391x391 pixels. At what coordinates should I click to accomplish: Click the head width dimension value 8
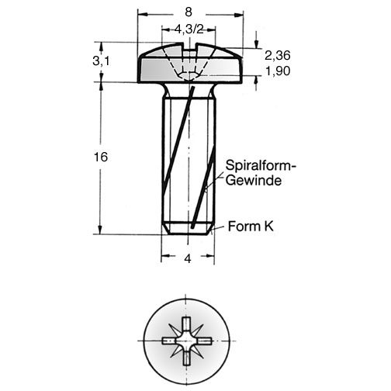tap(189, 12)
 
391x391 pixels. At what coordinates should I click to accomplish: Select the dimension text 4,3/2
tap(189, 29)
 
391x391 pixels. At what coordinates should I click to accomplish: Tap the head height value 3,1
tap(101, 61)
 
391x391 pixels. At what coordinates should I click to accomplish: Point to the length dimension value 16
tap(101, 157)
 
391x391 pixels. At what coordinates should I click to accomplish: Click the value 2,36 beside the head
tap(278, 55)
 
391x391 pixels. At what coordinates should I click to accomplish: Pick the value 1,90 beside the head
tap(278, 71)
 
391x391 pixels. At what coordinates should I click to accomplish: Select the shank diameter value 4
tap(188, 258)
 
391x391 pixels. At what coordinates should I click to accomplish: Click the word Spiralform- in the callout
tap(261, 165)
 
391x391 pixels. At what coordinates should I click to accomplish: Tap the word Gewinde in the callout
tap(254, 180)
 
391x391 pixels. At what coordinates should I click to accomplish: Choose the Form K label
tap(251, 227)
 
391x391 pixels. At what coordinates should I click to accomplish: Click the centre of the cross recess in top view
tap(186, 341)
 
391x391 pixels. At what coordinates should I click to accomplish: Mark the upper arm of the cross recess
tap(186, 324)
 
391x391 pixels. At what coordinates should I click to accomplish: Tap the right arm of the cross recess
tap(202, 341)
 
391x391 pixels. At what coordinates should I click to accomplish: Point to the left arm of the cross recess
tap(170, 341)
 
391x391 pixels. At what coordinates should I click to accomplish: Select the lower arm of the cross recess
tap(186, 357)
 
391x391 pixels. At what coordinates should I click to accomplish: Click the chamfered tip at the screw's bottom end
tap(188, 229)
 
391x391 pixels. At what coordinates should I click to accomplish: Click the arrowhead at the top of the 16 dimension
tap(101, 86)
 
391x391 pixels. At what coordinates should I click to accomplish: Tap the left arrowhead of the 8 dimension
tap(143, 15)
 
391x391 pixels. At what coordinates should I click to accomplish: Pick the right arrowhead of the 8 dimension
tap(239, 15)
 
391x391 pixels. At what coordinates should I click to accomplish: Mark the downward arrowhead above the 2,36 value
tap(256, 44)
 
